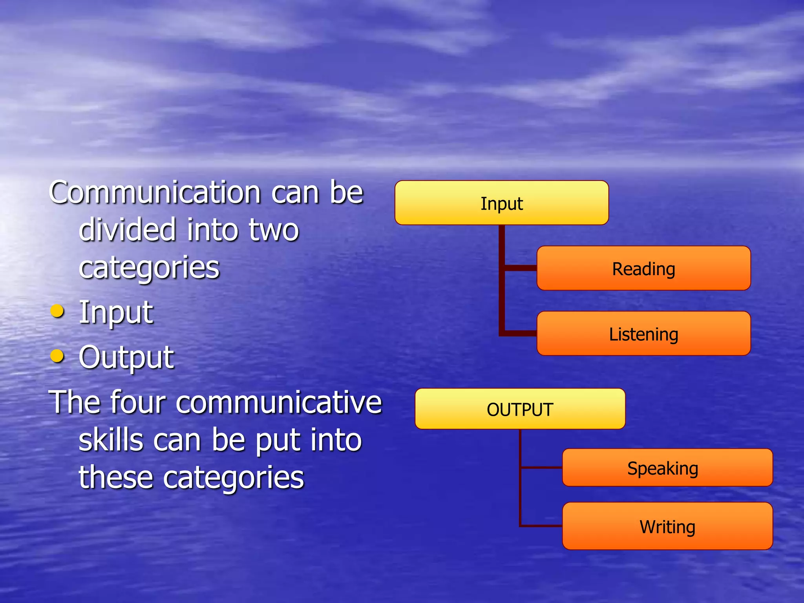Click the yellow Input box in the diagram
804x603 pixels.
[501, 203]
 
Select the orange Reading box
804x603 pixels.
[643, 269]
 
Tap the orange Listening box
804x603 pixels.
[643, 334]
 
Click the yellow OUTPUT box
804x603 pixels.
[520, 409]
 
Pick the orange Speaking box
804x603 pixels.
[667, 468]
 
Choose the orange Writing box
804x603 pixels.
[667, 526]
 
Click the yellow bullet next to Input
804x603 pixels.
[57, 311]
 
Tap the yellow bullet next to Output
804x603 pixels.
[57, 356]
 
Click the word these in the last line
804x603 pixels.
[116, 477]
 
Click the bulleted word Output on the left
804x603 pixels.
[126, 357]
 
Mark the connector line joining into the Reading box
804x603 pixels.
[520, 268]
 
